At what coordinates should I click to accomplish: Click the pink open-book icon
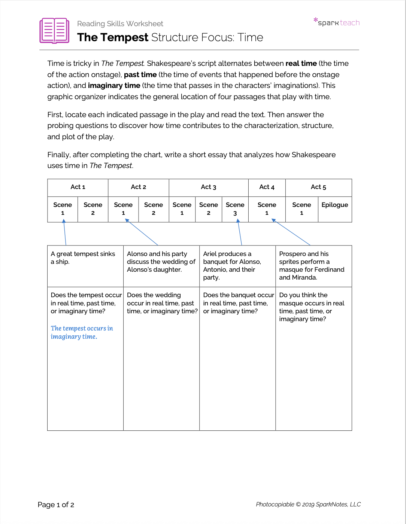tap(54, 31)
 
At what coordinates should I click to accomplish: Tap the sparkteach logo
tap(337, 22)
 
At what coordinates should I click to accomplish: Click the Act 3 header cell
tap(209, 187)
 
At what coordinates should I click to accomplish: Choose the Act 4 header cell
tap(267, 187)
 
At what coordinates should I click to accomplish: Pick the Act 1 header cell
tap(78, 187)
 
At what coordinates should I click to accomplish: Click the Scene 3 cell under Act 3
tap(235, 209)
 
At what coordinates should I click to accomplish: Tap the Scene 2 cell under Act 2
tap(154, 209)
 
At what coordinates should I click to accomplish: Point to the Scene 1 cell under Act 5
tap(302, 209)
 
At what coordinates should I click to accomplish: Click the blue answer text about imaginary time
tap(82, 332)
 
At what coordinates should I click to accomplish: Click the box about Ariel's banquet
tap(237, 266)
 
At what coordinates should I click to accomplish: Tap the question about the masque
tap(312, 307)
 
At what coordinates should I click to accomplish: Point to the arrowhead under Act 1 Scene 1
tap(64, 221)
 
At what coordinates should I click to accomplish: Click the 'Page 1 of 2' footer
tap(56, 505)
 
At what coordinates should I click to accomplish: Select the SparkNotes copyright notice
tap(308, 504)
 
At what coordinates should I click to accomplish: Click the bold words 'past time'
tap(140, 74)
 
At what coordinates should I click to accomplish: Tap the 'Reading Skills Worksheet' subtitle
tap(120, 24)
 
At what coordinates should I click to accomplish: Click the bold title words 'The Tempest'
tap(113, 37)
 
